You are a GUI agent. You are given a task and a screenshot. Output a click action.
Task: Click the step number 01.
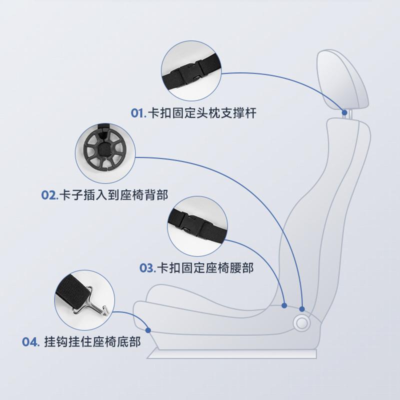point(138,113)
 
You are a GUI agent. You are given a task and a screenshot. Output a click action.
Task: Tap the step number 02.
point(49,194)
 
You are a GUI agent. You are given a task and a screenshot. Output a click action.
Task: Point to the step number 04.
point(30,342)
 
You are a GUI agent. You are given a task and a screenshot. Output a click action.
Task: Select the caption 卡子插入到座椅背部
point(114,194)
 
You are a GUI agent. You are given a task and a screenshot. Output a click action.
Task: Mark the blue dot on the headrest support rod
point(344,112)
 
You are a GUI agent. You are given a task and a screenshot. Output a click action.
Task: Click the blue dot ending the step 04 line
point(148,329)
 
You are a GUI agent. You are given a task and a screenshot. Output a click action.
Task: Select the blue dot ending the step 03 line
point(284,304)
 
